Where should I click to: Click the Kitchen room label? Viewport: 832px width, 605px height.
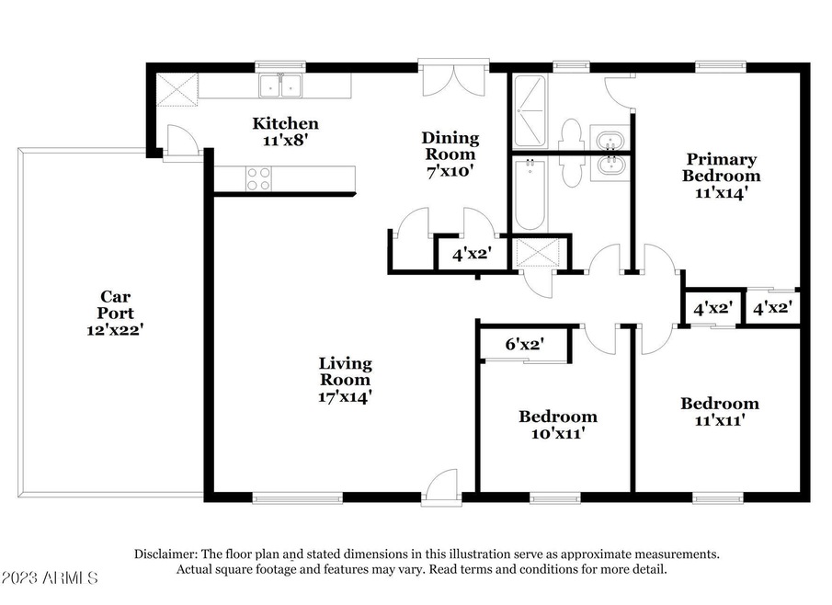tap(286, 123)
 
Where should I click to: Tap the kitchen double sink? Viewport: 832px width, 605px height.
tap(280, 86)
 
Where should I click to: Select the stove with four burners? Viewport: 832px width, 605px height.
tap(258, 178)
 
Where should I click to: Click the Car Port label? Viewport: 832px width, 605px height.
tap(115, 304)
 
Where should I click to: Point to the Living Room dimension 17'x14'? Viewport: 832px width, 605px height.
tap(345, 396)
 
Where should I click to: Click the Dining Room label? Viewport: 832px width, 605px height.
tap(450, 146)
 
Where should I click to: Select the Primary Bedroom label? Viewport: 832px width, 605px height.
tap(722, 167)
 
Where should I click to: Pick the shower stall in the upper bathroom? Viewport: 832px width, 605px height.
tap(530, 111)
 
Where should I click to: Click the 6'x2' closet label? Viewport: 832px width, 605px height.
tap(524, 345)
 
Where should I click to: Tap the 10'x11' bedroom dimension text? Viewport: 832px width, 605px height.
tap(558, 433)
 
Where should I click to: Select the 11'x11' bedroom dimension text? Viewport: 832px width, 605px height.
tap(720, 420)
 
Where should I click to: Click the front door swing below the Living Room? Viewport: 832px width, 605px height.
tap(442, 485)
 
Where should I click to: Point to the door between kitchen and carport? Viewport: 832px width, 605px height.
tap(181, 140)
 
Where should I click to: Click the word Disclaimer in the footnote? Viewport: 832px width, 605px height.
tap(165, 554)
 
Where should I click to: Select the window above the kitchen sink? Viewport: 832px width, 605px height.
tap(280, 66)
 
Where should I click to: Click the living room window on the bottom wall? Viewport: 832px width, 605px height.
tap(298, 497)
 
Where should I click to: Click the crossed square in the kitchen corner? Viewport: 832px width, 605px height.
tap(177, 90)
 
